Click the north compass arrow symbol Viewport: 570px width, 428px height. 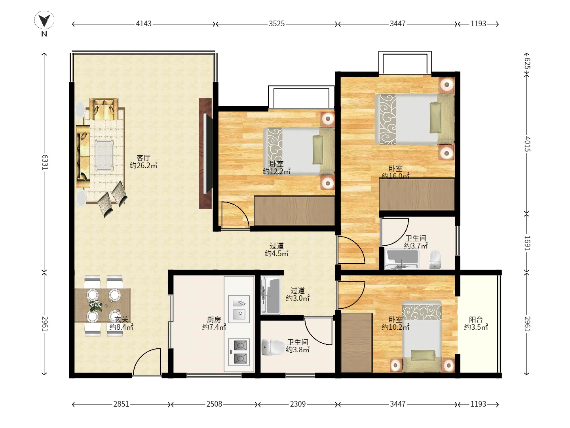(44, 20)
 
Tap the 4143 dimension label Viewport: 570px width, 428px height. (144, 24)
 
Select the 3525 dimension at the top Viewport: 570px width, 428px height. (277, 24)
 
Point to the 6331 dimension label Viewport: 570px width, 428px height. (45, 162)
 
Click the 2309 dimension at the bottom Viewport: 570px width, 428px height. (298, 404)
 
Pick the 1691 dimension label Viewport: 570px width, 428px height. (527, 243)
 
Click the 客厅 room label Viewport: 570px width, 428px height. (143, 158)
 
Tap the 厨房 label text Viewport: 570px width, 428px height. (214, 319)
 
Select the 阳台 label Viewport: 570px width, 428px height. (476, 319)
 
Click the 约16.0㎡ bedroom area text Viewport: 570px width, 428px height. (395, 176)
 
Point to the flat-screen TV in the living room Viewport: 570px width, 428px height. (207, 153)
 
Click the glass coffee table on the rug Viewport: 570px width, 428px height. (104, 155)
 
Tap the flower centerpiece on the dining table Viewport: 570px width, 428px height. (95, 306)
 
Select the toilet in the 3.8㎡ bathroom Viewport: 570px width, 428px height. (273, 347)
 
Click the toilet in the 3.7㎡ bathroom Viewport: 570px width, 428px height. (435, 260)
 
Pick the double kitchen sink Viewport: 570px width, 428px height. (239, 309)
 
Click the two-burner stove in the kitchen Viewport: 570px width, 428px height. (239, 352)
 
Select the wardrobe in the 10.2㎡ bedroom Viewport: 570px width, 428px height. (357, 343)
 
